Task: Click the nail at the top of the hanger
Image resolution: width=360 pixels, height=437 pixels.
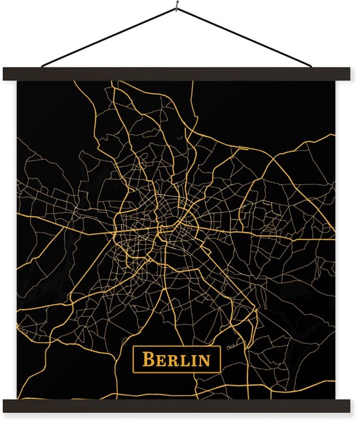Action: [178, 9]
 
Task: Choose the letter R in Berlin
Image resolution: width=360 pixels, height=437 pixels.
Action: [173, 360]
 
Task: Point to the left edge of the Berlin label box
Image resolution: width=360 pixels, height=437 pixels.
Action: [133, 360]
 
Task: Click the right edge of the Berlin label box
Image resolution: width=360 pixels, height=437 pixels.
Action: [221, 360]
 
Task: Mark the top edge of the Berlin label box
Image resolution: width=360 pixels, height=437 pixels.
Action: [177, 349]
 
